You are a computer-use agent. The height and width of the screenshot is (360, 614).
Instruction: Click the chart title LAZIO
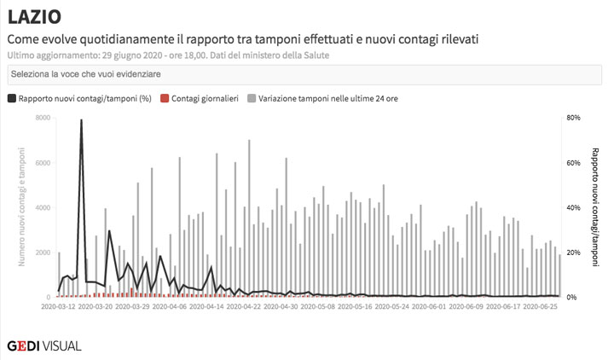(x=35, y=18)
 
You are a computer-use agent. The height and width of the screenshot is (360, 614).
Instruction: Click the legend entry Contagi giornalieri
(x=204, y=99)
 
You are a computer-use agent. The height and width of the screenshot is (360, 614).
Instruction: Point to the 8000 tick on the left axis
(x=43, y=118)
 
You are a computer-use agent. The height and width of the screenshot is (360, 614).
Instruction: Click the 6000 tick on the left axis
(x=43, y=163)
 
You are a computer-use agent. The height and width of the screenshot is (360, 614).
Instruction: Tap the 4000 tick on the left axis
(x=43, y=207)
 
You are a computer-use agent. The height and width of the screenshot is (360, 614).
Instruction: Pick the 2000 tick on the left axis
(x=43, y=253)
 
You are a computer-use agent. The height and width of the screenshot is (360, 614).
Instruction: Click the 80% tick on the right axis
(x=574, y=118)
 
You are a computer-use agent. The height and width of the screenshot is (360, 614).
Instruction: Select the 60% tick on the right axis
(x=574, y=163)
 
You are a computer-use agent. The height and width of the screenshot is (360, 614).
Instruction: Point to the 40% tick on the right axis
(x=574, y=207)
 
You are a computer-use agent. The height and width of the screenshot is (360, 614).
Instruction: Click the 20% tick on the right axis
(x=574, y=253)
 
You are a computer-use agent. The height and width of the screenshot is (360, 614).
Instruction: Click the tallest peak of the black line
(x=81, y=120)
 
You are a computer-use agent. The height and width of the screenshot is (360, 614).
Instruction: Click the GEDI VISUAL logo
(x=44, y=345)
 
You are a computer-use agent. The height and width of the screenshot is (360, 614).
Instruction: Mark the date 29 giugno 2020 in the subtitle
(x=129, y=55)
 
